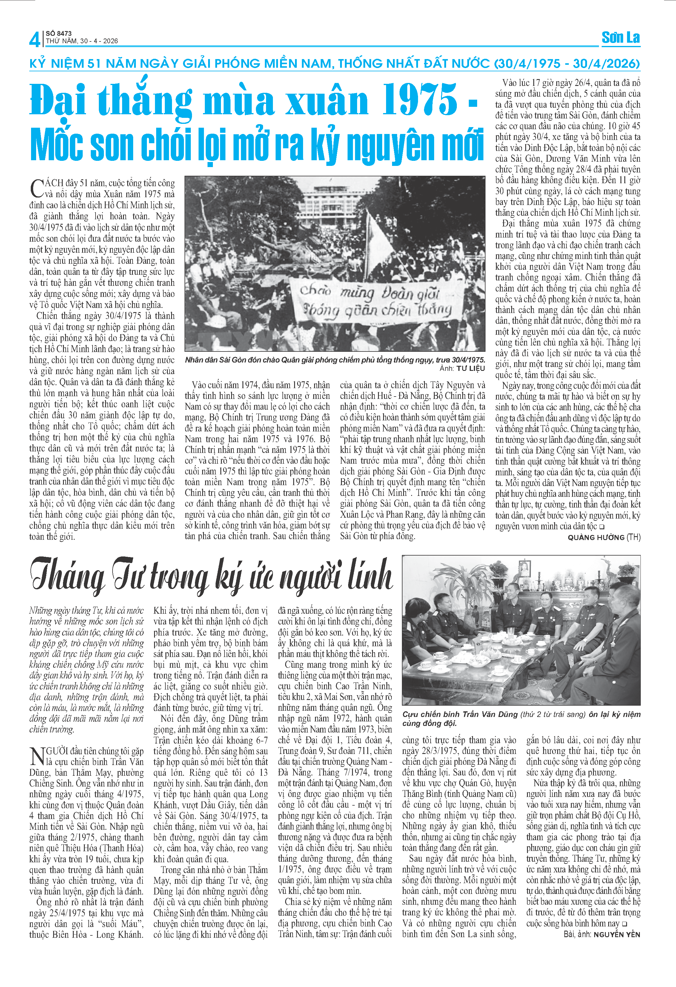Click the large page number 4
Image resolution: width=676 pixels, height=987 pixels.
pos(34,39)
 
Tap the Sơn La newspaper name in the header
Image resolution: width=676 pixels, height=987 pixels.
pos(620,38)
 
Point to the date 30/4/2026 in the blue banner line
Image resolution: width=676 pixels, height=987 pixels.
pos(606,64)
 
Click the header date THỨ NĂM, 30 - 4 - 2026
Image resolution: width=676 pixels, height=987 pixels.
pos(82,41)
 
